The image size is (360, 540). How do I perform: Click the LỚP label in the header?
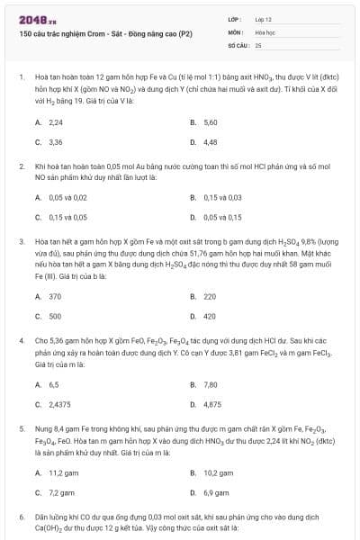point(235,18)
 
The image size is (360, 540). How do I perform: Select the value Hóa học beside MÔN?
point(265,31)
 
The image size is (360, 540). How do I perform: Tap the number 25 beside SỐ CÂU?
point(258,44)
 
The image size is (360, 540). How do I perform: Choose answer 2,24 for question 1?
point(56,121)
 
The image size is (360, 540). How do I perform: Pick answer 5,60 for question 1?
point(211,121)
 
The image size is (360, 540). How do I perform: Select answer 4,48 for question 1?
point(211,142)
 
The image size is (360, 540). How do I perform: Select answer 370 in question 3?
point(55,296)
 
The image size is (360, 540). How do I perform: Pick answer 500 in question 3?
point(55,316)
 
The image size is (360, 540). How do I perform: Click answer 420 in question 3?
point(210,316)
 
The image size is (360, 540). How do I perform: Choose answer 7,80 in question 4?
point(211,384)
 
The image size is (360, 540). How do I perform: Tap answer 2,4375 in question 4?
point(59,404)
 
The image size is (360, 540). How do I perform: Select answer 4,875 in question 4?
point(212,404)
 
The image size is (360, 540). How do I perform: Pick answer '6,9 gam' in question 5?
point(217,492)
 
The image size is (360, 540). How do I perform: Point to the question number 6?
point(21,517)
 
